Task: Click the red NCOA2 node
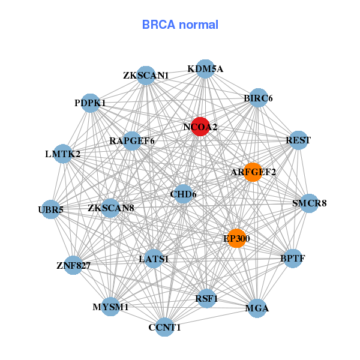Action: (200, 127)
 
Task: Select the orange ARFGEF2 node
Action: (253, 172)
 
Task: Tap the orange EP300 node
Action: (236, 238)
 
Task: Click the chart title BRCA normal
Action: (180, 25)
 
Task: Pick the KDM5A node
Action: (205, 68)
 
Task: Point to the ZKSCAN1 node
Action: (146, 76)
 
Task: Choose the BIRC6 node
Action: (258, 98)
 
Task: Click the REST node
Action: (298, 140)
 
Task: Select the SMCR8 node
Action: (309, 203)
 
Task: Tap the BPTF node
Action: (292, 259)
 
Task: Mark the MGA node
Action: (257, 308)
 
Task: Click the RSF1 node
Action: (206, 298)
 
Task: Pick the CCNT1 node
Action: (164, 327)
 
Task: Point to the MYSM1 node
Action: (111, 307)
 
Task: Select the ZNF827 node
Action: (73, 265)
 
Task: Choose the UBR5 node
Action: (51, 209)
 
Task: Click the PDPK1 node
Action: (90, 103)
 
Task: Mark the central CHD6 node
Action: (183, 194)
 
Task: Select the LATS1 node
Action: (154, 259)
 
